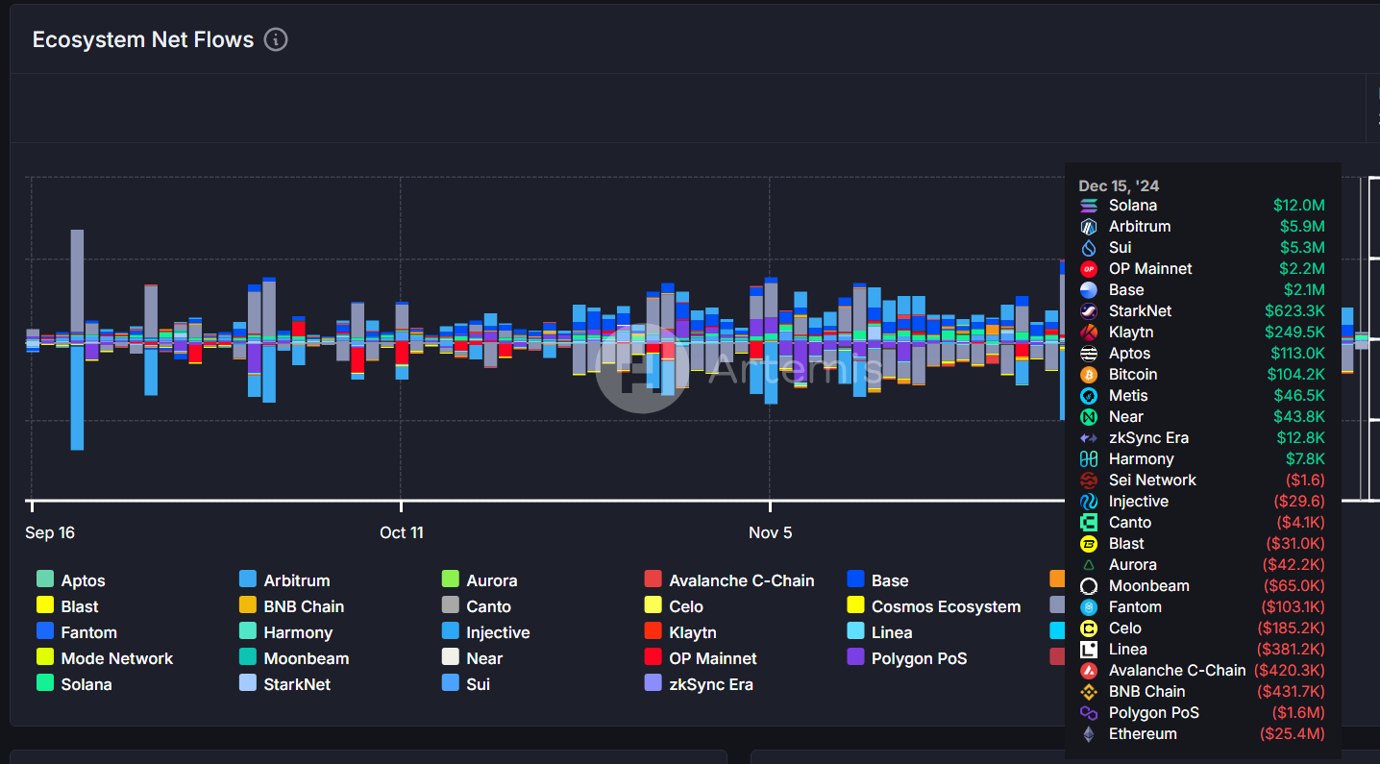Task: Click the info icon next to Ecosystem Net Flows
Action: tap(276, 39)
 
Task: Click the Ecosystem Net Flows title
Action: tap(143, 39)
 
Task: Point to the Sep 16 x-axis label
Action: tap(50, 532)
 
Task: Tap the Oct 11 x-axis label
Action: tap(401, 532)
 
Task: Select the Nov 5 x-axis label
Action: tap(770, 532)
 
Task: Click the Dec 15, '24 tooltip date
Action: tap(1119, 185)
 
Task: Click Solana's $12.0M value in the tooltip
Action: tap(1298, 205)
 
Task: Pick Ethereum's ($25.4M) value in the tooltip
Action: tap(1292, 733)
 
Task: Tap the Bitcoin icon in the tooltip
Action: tap(1089, 374)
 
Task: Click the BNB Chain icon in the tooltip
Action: tap(1089, 691)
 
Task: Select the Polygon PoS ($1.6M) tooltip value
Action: tap(1298, 712)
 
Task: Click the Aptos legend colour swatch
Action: tap(45, 580)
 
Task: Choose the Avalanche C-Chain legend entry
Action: tap(741, 580)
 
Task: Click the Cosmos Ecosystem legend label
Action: tap(946, 606)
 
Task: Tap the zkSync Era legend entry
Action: tap(710, 684)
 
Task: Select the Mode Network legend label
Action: tap(117, 658)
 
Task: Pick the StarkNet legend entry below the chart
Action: tap(297, 684)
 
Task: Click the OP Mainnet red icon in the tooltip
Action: tap(1089, 268)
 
